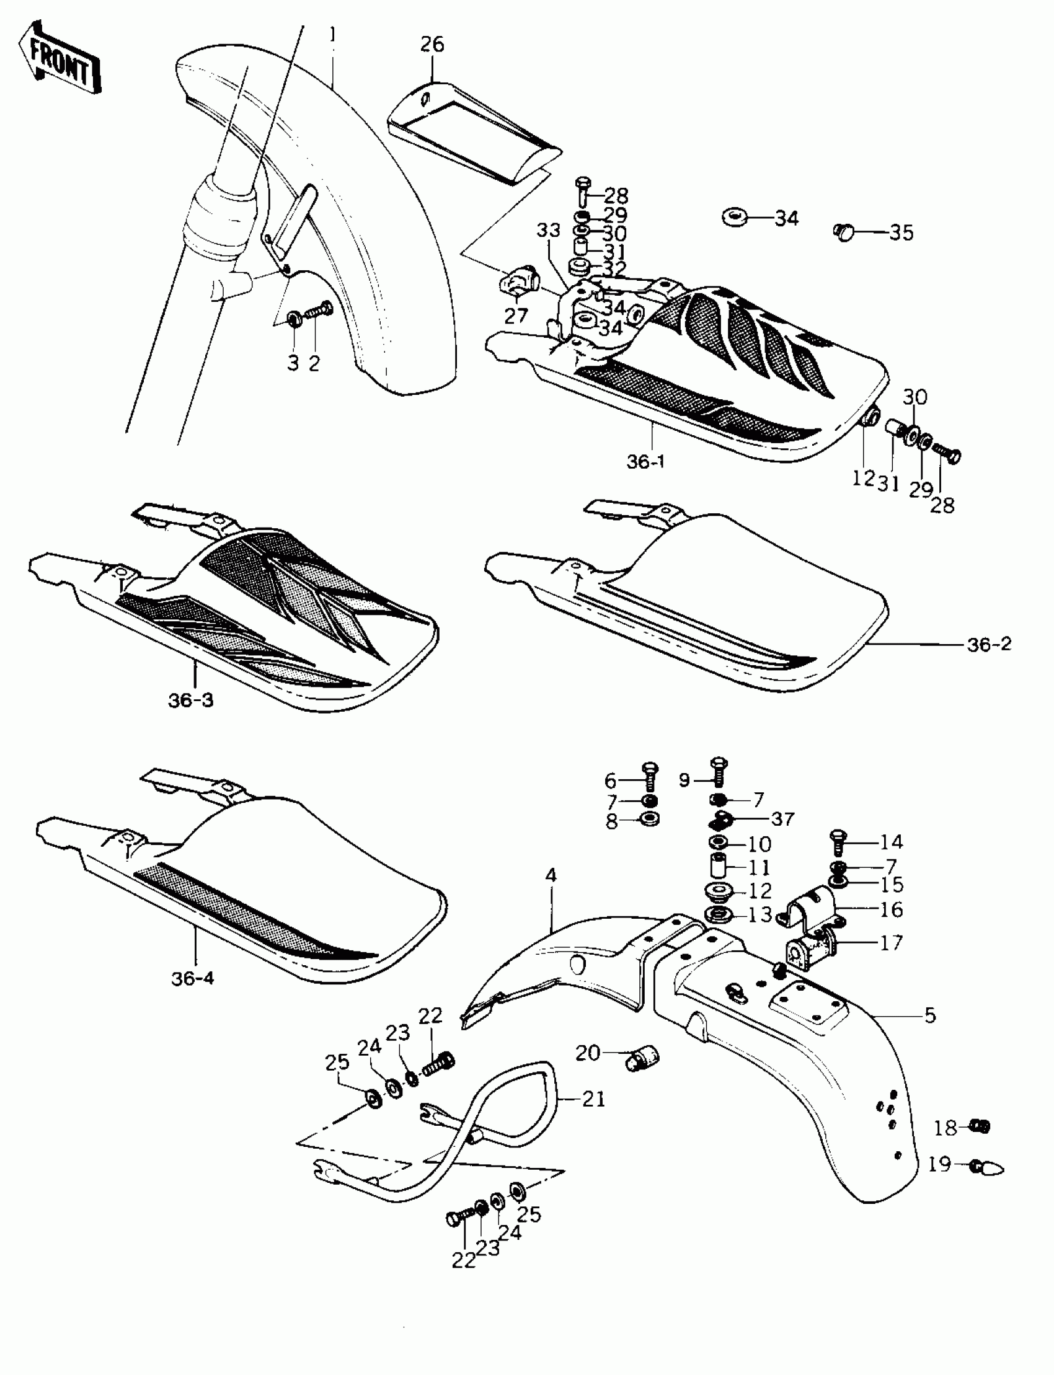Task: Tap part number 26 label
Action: [x=432, y=45]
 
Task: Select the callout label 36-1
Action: [x=645, y=462]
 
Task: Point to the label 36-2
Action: [x=990, y=644]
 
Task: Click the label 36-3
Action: [x=191, y=700]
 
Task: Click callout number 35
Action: [x=901, y=232]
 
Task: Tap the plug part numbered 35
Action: [x=844, y=231]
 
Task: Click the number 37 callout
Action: [x=782, y=818]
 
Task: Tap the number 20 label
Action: [x=588, y=1053]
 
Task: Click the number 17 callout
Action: [x=891, y=942]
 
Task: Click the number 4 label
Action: [x=551, y=875]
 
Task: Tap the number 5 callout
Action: [x=930, y=1015]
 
